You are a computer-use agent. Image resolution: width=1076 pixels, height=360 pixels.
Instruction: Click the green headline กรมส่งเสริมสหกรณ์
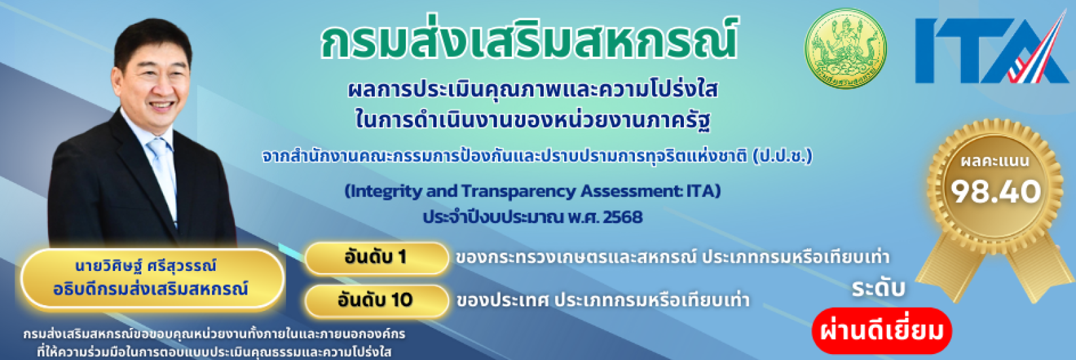pos(529,41)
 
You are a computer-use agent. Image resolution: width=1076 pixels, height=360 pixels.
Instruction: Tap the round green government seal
pos(845,49)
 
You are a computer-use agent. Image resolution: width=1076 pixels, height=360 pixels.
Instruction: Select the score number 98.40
pos(995,191)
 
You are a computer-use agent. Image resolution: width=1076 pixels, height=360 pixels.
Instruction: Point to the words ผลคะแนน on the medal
pos(995,160)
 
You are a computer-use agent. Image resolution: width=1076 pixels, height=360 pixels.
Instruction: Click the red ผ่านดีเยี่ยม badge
pos(882,331)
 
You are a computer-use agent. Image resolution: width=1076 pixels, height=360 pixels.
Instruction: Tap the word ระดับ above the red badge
pos(878,288)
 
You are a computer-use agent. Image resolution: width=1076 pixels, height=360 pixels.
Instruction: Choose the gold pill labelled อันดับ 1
pos(376,257)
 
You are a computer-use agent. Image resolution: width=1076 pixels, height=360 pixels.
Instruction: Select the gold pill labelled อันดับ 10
pos(376,300)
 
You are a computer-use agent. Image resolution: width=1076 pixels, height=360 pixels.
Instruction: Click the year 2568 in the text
pos(622,217)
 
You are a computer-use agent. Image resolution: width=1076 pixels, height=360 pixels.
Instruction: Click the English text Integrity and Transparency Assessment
pos(517,191)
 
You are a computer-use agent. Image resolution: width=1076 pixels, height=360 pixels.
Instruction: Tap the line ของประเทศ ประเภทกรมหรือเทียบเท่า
pos(603,300)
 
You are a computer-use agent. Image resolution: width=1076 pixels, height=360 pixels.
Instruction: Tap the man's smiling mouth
pos(162,105)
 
